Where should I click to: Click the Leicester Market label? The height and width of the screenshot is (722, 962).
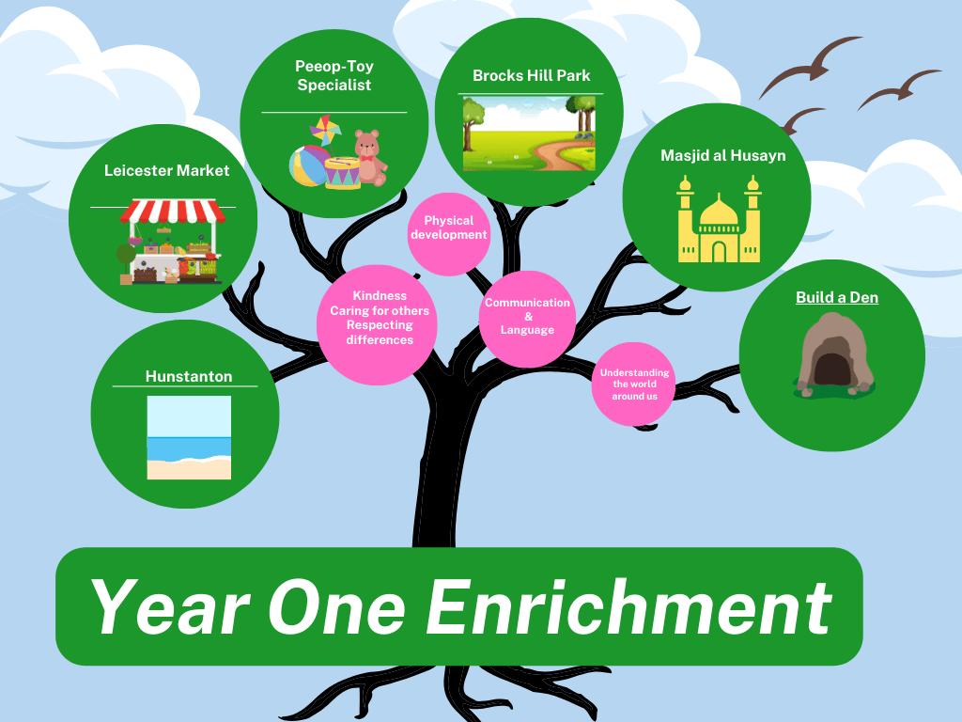tap(166, 170)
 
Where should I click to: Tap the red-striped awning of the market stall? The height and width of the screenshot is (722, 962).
tap(173, 212)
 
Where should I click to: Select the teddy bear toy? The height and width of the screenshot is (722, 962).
tap(370, 157)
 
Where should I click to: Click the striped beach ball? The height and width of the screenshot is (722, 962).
tap(309, 165)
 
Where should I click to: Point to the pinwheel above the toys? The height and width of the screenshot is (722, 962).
tap(325, 130)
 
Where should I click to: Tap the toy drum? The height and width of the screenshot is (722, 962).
tap(342, 173)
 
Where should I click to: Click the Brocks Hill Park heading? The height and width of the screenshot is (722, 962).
tap(532, 75)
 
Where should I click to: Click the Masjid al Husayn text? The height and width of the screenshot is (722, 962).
tap(722, 155)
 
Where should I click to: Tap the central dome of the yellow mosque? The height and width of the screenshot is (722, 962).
tap(719, 211)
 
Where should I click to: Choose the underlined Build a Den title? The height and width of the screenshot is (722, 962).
tap(837, 297)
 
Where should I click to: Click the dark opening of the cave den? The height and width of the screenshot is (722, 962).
tap(832, 369)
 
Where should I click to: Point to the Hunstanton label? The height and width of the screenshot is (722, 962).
tap(188, 376)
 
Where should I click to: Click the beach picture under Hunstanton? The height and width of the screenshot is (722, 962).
tap(189, 437)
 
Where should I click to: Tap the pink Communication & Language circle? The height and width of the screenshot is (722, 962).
tap(527, 319)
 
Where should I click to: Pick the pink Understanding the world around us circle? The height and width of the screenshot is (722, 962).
tap(634, 385)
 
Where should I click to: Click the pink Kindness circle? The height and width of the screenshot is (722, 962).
tap(377, 324)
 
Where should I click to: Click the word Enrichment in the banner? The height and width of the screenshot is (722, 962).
tap(628, 607)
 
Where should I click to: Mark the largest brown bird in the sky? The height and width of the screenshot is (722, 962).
tap(811, 67)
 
